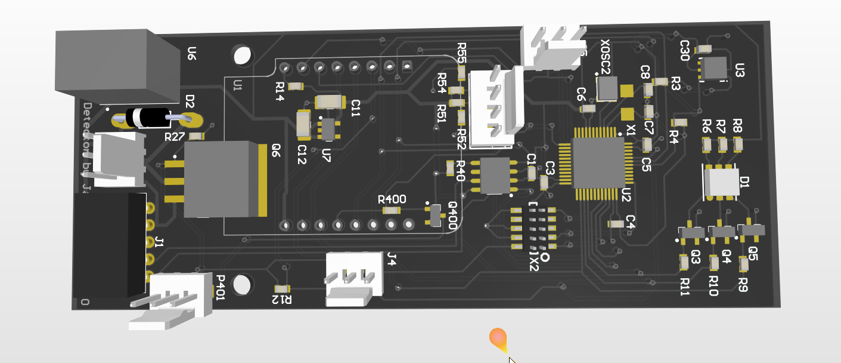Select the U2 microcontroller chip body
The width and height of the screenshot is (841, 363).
click(598, 162)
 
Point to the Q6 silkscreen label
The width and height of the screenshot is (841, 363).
click(276, 150)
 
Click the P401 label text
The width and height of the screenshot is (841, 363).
click(220, 288)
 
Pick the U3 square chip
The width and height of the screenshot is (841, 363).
click(714, 68)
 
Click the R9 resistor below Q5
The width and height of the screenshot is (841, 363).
click(743, 263)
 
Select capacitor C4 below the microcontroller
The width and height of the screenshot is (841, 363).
click(616, 223)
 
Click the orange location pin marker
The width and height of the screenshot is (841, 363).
click(499, 339)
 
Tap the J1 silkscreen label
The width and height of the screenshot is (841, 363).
click(159, 242)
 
